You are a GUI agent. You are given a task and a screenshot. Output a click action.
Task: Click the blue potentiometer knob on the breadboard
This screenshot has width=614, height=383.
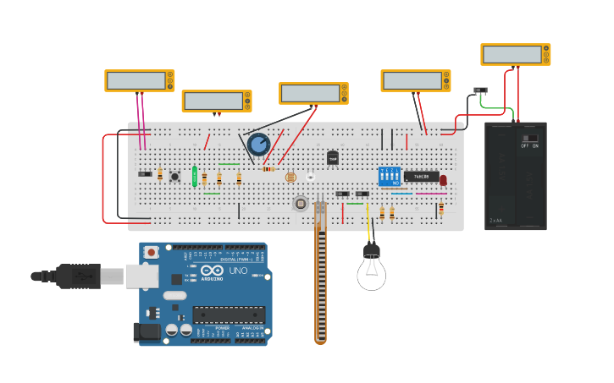[258, 144]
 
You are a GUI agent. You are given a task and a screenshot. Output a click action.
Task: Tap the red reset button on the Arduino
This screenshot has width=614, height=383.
[152, 252]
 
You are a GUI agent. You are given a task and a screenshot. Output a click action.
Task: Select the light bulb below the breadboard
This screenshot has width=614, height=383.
[371, 270]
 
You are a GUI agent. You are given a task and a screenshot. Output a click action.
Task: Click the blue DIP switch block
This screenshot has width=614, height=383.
[390, 176]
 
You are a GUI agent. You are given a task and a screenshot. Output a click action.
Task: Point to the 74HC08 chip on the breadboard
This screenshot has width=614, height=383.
[421, 177]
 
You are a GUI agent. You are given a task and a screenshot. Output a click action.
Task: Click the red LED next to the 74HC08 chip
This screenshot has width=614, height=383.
[443, 179]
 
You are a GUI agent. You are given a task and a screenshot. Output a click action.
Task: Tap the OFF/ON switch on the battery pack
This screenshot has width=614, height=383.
[529, 139]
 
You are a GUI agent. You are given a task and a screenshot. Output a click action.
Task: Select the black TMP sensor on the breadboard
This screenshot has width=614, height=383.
[333, 157]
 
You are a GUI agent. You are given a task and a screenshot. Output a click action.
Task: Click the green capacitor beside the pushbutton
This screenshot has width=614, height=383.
[195, 176]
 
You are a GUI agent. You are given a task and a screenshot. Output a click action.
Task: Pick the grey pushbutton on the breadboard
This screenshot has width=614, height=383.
[175, 176]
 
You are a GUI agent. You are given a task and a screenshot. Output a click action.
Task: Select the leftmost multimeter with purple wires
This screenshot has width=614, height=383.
[140, 80]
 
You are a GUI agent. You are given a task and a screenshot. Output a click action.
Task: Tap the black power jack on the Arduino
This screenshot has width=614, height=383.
[147, 332]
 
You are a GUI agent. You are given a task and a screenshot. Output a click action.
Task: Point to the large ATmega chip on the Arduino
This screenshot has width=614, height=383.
[229, 315]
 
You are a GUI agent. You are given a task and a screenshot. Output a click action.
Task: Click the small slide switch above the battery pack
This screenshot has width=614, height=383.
[480, 90]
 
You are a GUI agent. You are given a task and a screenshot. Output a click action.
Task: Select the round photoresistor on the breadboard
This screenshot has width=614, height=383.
[291, 178]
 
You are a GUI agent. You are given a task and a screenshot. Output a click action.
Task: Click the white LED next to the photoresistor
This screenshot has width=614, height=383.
[311, 176]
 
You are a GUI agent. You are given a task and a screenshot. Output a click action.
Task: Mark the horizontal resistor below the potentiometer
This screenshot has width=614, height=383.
[268, 168]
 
